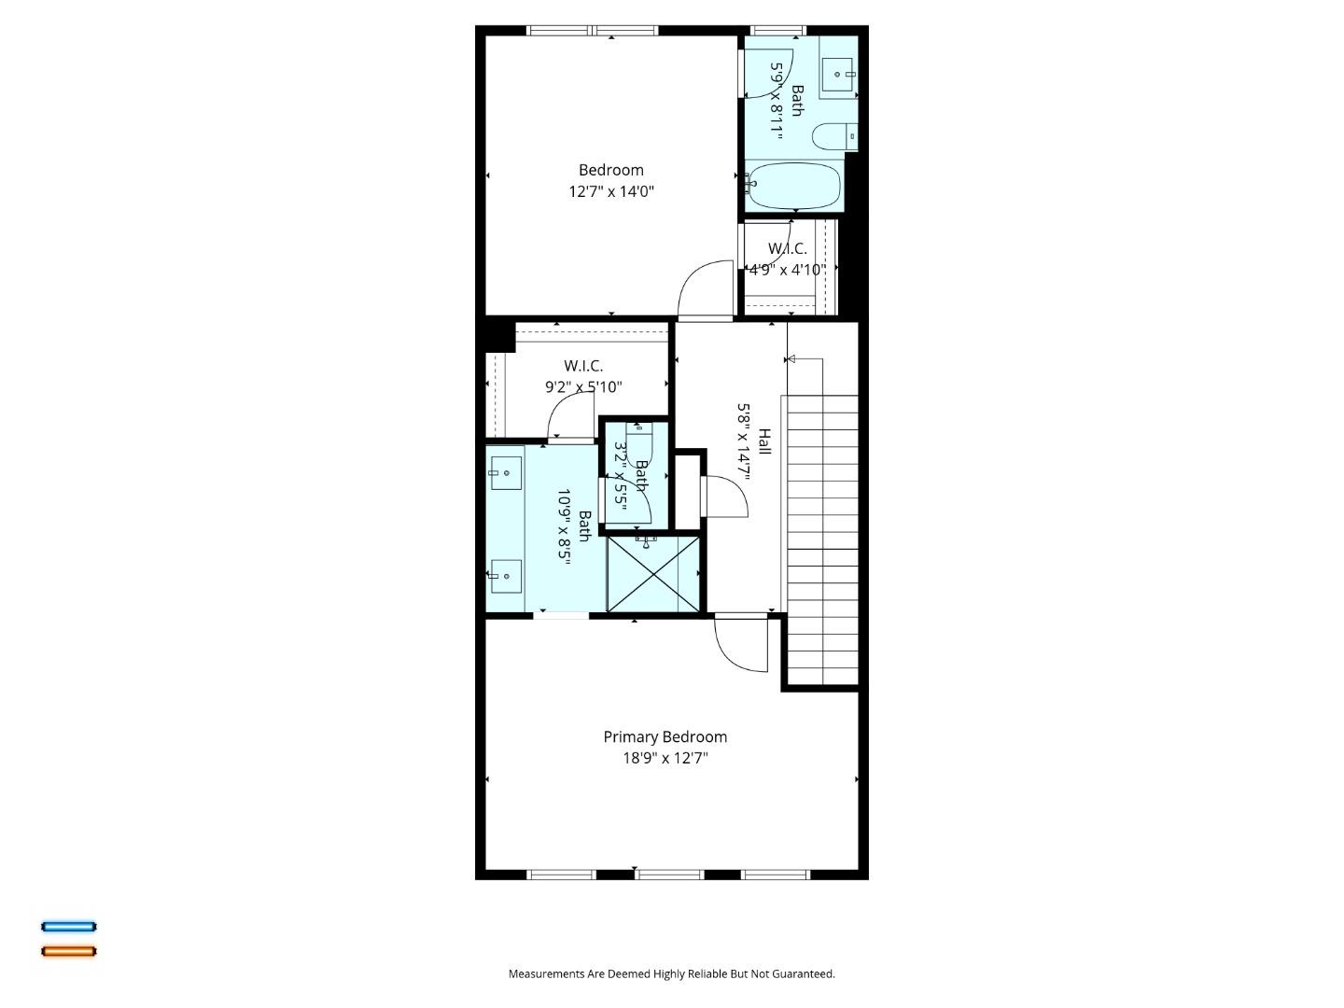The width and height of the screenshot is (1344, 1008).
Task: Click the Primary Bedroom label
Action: (x=665, y=736)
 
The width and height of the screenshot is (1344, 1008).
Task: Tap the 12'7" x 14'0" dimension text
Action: (x=611, y=191)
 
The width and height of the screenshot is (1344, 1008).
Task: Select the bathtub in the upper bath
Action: (x=794, y=187)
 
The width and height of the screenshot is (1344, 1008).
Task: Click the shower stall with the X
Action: (x=652, y=573)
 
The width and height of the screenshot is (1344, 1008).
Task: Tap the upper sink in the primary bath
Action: (x=505, y=473)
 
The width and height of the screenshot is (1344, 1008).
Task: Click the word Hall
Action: (x=764, y=441)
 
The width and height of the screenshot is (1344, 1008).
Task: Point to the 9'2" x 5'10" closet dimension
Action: (x=583, y=386)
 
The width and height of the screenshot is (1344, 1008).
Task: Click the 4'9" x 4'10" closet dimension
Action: (x=787, y=270)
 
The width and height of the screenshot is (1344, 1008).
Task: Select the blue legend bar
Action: (x=68, y=927)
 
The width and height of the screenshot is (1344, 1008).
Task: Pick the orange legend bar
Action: (x=68, y=951)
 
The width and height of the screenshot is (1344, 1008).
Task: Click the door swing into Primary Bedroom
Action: (x=739, y=644)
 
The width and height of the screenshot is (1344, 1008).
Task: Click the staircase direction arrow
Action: (x=791, y=358)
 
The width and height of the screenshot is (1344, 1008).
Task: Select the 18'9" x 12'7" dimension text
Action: (x=665, y=758)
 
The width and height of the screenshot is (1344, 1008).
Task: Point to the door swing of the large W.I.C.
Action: (x=570, y=414)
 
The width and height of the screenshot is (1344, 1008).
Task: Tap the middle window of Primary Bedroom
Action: (x=669, y=875)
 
